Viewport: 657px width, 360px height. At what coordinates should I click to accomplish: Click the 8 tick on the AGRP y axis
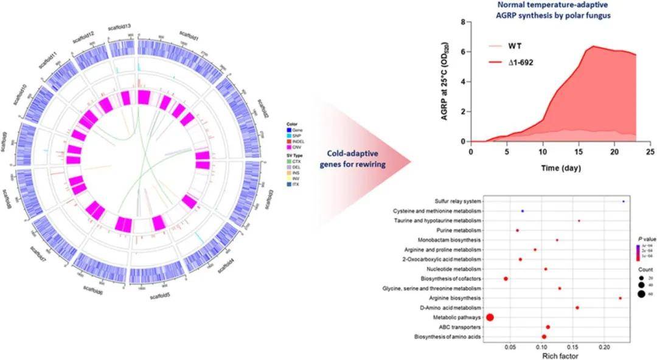(463, 22)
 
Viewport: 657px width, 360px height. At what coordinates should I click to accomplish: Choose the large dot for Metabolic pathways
(490, 317)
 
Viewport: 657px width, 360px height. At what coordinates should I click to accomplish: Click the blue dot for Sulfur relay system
(624, 201)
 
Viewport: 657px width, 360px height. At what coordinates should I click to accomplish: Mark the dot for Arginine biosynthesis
(620, 298)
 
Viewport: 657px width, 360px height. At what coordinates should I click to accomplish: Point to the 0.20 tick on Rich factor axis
(604, 347)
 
